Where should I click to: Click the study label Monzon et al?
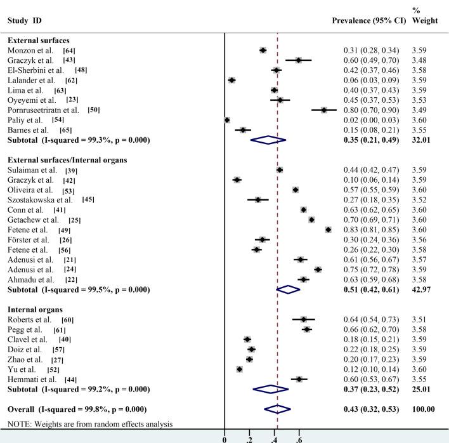(31, 50)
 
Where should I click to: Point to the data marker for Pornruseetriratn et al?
(323, 109)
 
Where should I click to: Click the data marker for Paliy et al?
(227, 119)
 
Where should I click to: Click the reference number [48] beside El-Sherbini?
(82, 70)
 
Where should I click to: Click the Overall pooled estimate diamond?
(278, 409)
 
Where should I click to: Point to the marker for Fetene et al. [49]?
(328, 229)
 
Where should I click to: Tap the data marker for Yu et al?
(240, 369)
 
